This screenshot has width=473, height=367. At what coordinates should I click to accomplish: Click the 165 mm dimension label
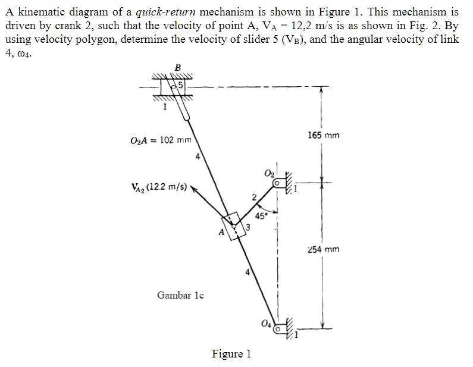(x=324, y=135)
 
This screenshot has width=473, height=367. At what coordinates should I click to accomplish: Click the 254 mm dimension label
(x=324, y=249)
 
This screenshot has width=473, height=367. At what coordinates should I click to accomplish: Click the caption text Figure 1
(x=231, y=354)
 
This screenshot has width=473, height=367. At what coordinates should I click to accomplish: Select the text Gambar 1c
(x=181, y=294)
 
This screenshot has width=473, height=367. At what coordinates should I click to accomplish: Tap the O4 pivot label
(x=266, y=324)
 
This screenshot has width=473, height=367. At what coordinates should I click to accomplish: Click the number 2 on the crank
(x=253, y=197)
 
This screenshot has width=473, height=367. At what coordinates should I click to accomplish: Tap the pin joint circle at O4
(x=277, y=327)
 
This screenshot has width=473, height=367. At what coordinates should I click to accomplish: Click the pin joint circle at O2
(x=276, y=185)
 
